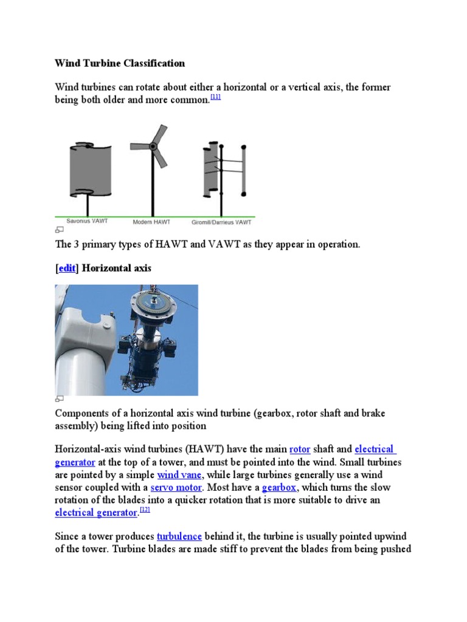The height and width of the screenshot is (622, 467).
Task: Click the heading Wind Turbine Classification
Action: pos(120,63)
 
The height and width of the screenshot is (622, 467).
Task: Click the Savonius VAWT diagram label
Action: pos(87,222)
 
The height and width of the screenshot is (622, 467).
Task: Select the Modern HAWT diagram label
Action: pos(152,222)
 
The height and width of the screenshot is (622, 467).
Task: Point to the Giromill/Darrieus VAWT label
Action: pos(221,222)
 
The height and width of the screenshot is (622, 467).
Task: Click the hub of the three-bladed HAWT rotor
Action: pos(153,146)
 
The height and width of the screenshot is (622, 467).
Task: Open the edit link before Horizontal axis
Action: pos(67,268)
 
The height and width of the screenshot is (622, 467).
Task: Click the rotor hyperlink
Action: pos(300,449)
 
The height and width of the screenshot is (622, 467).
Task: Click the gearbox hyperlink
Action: pos(279,488)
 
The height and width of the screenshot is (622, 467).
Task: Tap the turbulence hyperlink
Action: pos(179,537)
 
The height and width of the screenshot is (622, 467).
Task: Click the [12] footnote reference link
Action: pos(145,510)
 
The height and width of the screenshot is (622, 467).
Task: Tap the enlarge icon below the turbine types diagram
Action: pos(60,230)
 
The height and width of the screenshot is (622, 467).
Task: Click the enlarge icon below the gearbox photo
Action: pos(60,398)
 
